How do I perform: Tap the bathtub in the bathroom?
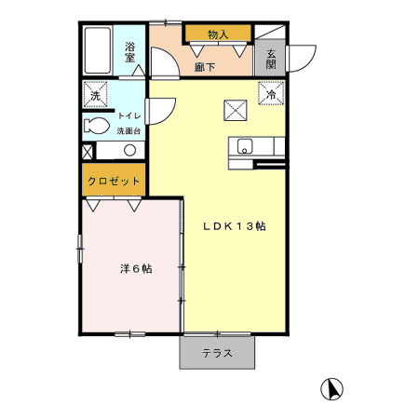click(97, 51)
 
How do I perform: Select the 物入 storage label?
click(218, 34)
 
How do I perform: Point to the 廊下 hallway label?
click(206, 66)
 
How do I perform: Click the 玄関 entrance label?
click(270, 59)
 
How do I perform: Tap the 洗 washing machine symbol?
click(95, 96)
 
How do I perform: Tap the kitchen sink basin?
click(245, 145)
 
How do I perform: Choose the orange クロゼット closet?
click(115, 181)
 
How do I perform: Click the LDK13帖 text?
click(230, 226)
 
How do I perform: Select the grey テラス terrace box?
click(218, 354)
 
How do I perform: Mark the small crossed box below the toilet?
click(88, 150)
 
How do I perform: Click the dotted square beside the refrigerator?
click(233, 110)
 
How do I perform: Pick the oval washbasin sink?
click(125, 149)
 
